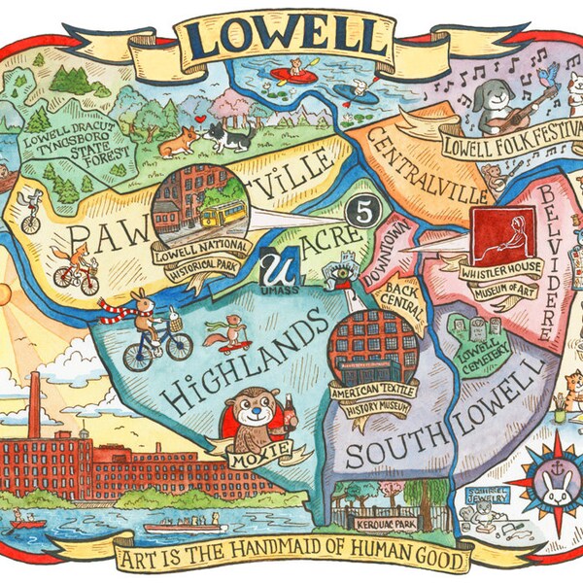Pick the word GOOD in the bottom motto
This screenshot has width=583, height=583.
point(443,562)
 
